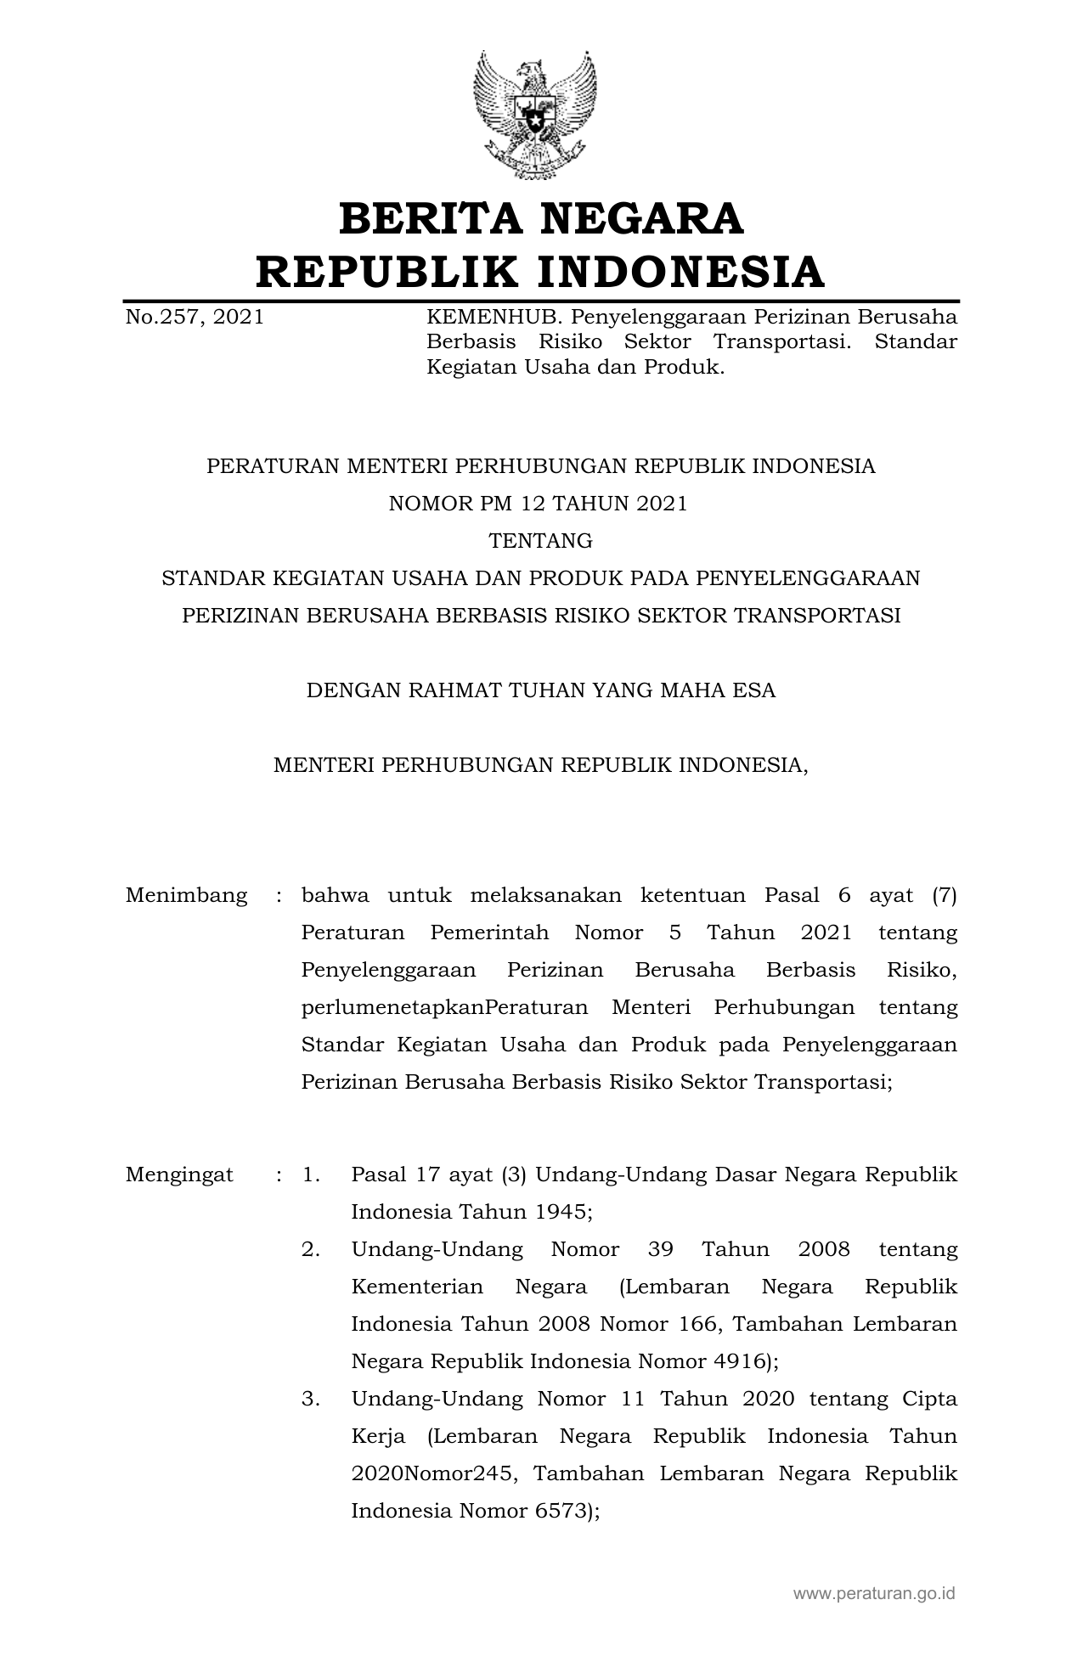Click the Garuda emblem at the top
535,115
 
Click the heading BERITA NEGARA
541,219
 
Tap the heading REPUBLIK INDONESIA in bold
540,272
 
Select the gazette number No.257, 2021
195,318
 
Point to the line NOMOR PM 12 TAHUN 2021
538,504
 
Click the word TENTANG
541,541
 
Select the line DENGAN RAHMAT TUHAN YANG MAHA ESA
541,690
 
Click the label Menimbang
187,895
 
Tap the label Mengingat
179,1175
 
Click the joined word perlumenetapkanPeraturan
444,1007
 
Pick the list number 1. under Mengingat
311,1175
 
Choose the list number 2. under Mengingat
311,1250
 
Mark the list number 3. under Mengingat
311,1400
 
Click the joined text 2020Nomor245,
433,1474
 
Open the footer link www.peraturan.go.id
874,1593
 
